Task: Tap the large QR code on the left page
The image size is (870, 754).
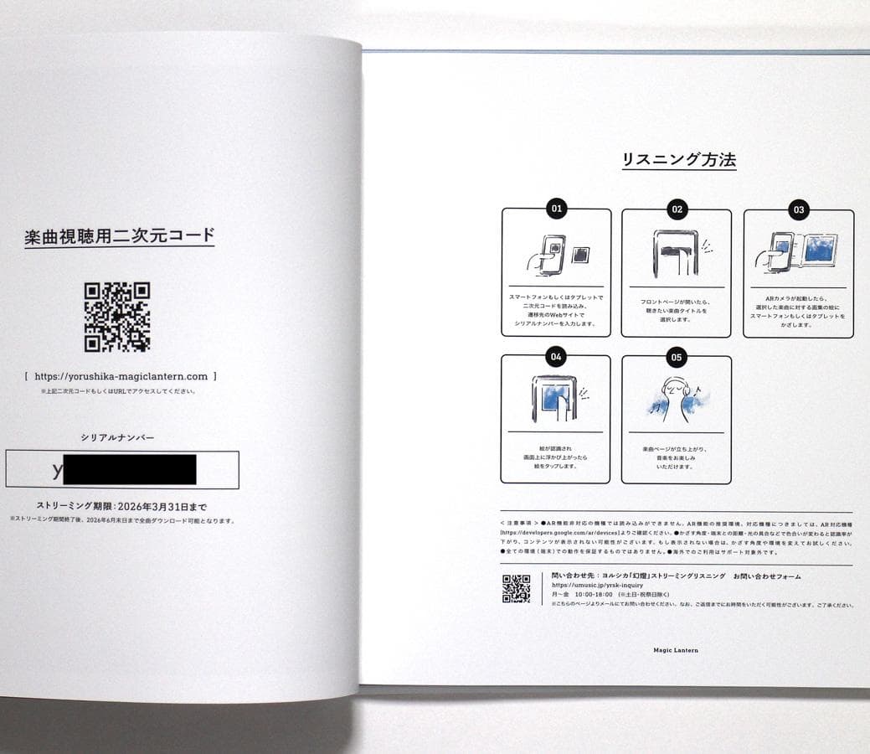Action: pyautogui.click(x=117, y=316)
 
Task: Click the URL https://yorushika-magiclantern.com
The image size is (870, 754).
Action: pyautogui.click(x=121, y=377)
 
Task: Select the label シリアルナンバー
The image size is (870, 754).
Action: pyautogui.click(x=117, y=437)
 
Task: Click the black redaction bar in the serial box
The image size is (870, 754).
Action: pyautogui.click(x=130, y=470)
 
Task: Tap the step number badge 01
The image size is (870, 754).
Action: pyautogui.click(x=556, y=209)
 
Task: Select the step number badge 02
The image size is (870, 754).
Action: pyautogui.click(x=677, y=209)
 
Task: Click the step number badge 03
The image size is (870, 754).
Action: pyautogui.click(x=798, y=209)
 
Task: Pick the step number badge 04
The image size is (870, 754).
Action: pyautogui.click(x=556, y=357)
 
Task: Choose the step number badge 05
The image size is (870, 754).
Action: pyautogui.click(x=677, y=357)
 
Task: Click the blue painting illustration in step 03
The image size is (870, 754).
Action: pyautogui.click(x=817, y=250)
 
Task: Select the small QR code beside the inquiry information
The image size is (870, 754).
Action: pyautogui.click(x=516, y=589)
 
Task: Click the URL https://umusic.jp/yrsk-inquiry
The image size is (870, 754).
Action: pyautogui.click(x=597, y=585)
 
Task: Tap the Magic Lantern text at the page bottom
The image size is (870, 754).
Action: pyautogui.click(x=676, y=650)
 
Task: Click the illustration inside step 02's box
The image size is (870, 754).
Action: pyautogui.click(x=677, y=252)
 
